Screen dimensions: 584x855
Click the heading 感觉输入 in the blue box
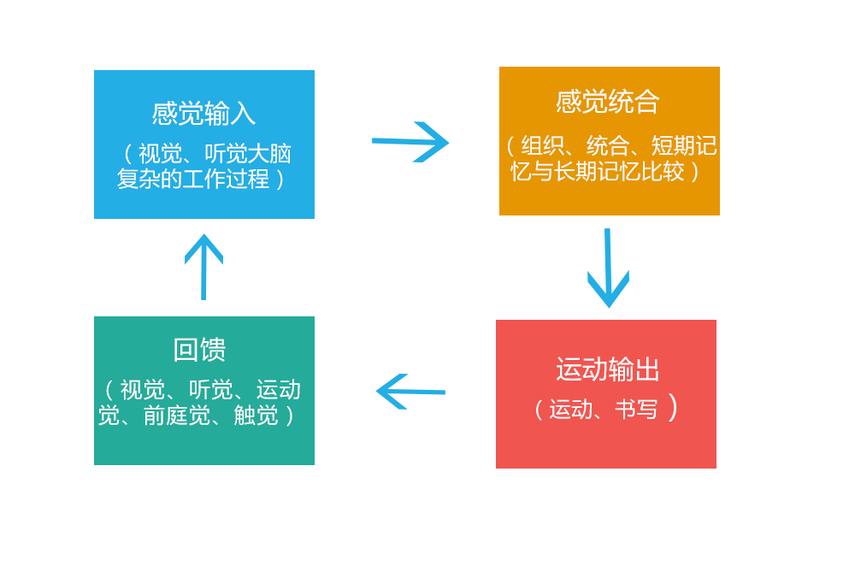203,114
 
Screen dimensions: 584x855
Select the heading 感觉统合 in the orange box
608,102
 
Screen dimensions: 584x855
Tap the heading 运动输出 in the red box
608,369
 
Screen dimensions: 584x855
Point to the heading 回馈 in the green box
199,349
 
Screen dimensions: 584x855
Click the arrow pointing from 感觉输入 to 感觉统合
411,141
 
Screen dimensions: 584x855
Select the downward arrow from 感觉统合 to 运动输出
608,268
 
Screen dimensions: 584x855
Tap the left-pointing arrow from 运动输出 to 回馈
410,392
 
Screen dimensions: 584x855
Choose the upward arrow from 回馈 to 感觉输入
203,267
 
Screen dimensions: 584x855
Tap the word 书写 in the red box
637,409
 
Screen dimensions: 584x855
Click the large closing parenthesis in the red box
674,407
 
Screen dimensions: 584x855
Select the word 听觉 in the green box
210,390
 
